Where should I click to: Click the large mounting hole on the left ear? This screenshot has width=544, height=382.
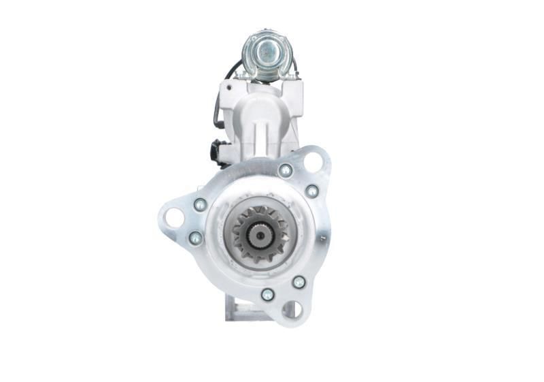tap(173, 218)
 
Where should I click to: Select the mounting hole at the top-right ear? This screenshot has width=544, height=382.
tap(313, 162)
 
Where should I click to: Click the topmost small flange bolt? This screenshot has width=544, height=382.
tap(286, 170)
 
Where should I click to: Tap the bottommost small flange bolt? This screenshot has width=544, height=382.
tap(268, 294)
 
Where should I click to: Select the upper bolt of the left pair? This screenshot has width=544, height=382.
tap(200, 204)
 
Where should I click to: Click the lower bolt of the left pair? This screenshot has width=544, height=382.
tap(196, 238)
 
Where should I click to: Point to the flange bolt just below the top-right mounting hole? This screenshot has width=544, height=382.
tap(312, 191)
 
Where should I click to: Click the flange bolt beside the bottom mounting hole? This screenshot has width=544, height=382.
tap(299, 281)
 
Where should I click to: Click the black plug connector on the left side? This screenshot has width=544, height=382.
tap(218, 151)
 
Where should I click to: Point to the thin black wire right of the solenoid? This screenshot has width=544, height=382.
tap(295, 66)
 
